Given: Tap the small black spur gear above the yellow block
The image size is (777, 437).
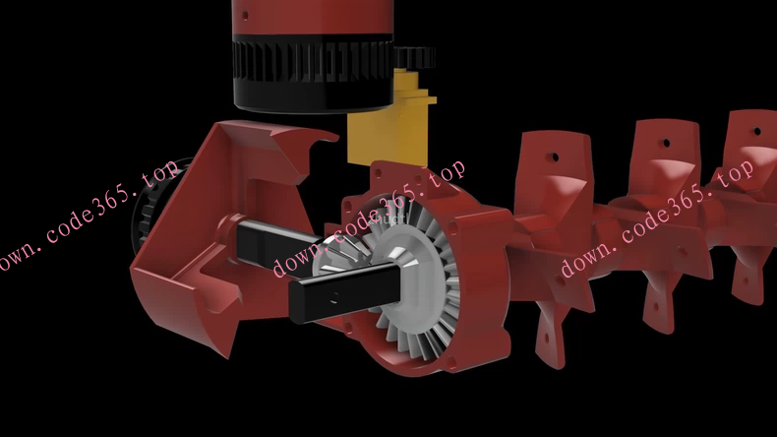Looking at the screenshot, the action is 415,57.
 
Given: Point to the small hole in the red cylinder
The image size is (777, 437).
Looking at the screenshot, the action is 244,16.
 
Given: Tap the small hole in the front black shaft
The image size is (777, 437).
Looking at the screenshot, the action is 334,298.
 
